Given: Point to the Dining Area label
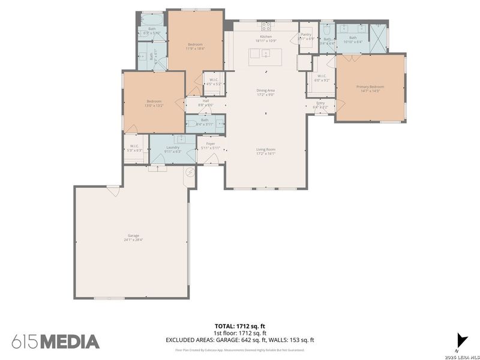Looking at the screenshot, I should (265, 91).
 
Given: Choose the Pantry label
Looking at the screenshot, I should (307, 36).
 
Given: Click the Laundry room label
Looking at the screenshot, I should (173, 149).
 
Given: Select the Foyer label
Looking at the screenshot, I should (211, 145).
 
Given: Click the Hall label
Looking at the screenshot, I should (205, 102).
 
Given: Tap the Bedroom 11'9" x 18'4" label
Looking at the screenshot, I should (195, 46).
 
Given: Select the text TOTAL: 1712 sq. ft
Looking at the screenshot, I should (240, 326).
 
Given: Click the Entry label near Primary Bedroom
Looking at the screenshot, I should (320, 104).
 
